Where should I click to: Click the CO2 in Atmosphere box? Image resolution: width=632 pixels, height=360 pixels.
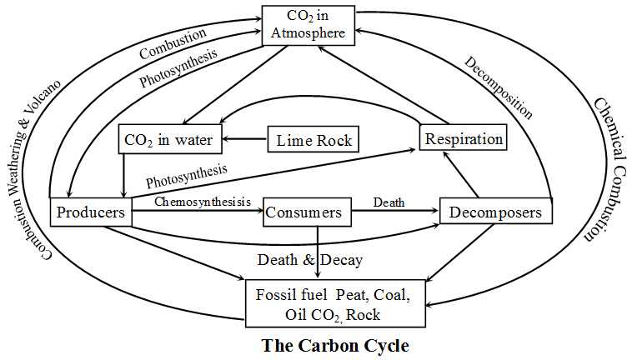[x=302, y=25]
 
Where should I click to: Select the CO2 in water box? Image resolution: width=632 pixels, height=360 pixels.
[x=169, y=139]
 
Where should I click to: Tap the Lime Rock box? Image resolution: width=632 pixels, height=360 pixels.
[x=313, y=139]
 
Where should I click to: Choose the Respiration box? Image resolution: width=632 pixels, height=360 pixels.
[x=462, y=138]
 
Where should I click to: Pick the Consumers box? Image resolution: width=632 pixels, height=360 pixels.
[x=303, y=212]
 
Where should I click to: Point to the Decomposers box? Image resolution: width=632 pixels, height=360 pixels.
[x=495, y=212]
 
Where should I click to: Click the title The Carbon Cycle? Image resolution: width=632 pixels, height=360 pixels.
[x=335, y=345]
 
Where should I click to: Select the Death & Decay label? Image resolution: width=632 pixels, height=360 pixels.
[x=309, y=260]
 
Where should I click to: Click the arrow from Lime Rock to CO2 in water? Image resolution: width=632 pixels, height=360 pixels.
[x=243, y=139]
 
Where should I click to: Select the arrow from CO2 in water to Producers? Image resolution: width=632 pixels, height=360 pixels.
[x=124, y=175]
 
